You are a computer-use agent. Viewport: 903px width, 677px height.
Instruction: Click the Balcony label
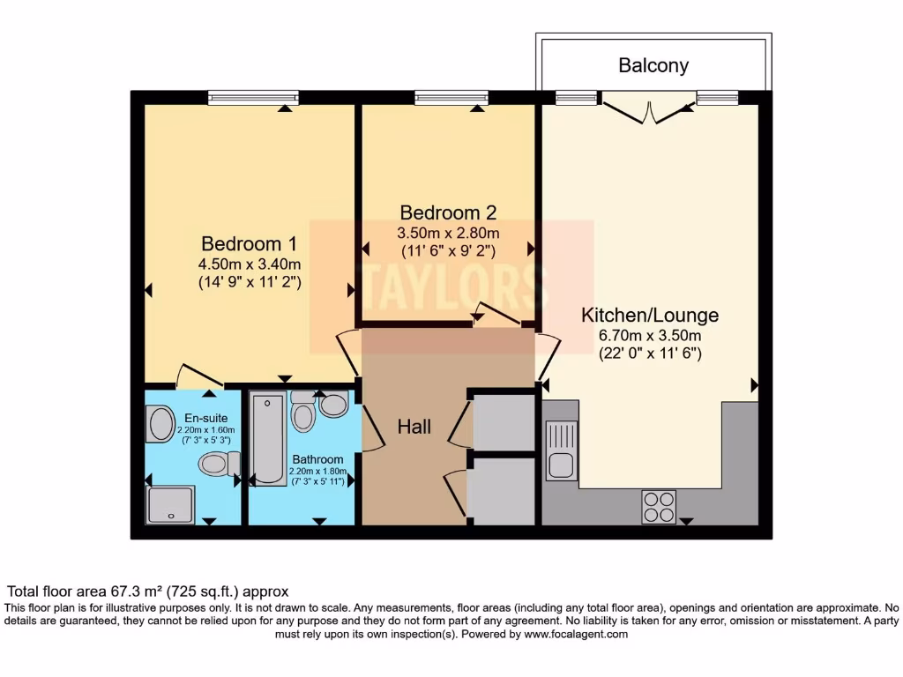[653, 65]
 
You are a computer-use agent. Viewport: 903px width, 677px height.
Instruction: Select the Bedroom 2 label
[448, 212]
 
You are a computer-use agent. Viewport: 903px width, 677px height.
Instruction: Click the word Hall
[414, 427]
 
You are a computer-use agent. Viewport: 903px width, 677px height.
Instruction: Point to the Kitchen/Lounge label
[649, 315]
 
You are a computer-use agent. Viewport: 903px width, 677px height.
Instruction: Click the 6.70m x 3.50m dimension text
[649, 336]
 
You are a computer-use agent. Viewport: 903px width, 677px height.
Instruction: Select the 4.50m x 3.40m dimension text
[250, 264]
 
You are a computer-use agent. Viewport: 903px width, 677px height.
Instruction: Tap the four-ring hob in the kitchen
[658, 507]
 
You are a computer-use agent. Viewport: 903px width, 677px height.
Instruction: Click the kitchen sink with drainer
[561, 450]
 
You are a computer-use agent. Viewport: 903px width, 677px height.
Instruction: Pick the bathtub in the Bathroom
[267, 438]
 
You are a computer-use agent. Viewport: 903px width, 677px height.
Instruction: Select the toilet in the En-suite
[219, 463]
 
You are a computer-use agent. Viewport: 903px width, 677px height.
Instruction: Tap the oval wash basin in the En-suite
[161, 424]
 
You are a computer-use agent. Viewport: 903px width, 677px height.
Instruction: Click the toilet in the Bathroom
[302, 413]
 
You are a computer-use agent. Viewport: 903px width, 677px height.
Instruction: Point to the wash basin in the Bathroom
[333, 405]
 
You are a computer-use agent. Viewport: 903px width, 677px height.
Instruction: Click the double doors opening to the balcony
[650, 110]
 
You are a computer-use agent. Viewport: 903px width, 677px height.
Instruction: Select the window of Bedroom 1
[248, 98]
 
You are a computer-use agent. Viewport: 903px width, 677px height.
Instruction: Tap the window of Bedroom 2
[451, 98]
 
